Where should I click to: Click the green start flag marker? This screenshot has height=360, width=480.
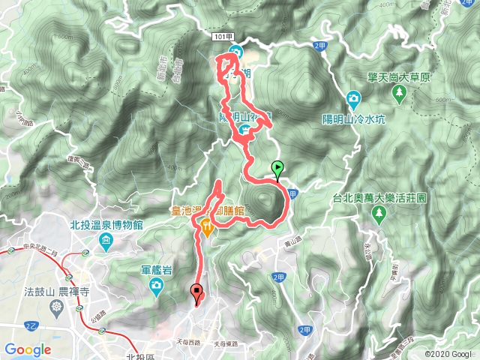click(278, 169)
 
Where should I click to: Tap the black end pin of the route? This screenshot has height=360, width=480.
click(197, 293)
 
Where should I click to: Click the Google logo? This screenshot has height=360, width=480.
click(28, 349)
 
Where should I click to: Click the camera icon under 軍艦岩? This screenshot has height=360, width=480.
click(155, 285)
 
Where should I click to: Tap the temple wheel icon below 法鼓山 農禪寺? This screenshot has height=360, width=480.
click(58, 305)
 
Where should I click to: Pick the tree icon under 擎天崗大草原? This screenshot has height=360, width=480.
click(399, 93)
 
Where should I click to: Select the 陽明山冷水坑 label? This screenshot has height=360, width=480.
click(352, 118)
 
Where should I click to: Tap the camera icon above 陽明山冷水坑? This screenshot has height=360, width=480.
click(352, 98)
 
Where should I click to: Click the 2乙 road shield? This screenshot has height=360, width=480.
click(31, 326)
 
